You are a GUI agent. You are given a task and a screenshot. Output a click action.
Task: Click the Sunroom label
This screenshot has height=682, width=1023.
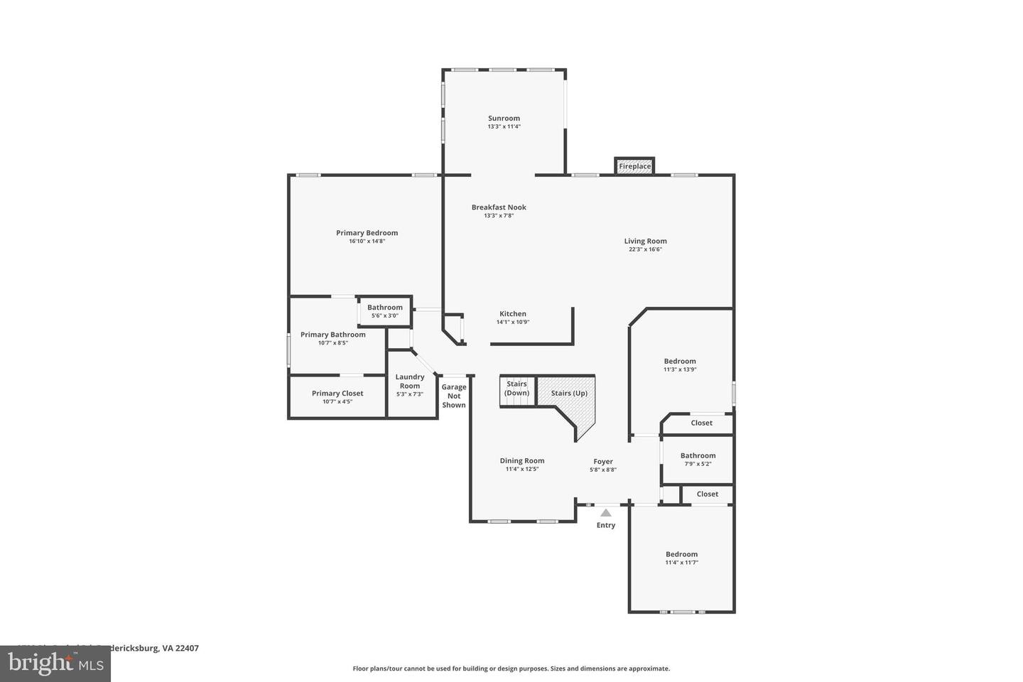[504, 119]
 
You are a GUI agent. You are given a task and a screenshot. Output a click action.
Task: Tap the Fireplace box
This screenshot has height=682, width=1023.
[634, 166]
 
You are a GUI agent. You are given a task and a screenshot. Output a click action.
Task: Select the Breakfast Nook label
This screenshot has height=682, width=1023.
[499, 207]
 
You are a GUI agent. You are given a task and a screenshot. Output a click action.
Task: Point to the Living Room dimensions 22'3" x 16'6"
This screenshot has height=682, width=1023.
[645, 249]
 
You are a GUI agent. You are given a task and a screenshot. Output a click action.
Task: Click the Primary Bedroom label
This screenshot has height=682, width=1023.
[367, 233]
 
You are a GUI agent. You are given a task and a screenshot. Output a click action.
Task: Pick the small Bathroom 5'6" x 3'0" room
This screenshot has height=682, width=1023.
[384, 311]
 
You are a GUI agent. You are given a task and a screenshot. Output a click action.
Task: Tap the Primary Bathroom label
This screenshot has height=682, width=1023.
[332, 335]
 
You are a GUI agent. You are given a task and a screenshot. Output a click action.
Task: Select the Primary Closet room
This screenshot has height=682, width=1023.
[337, 396]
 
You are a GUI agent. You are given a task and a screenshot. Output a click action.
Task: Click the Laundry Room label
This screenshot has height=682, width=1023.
[410, 381]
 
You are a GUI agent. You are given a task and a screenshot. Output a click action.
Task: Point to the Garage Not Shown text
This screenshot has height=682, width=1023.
[454, 396]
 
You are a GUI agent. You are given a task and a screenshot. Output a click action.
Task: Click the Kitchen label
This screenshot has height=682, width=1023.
[513, 314]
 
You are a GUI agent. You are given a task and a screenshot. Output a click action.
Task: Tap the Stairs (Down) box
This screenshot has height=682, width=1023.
[516, 389]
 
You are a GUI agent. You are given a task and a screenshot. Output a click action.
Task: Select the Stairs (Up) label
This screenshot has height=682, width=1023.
[569, 393]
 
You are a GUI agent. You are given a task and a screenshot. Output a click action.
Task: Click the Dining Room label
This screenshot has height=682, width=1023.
[522, 461]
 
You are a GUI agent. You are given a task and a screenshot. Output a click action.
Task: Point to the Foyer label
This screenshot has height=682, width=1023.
[603, 462]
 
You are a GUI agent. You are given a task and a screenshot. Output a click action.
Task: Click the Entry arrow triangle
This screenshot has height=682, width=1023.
[605, 512]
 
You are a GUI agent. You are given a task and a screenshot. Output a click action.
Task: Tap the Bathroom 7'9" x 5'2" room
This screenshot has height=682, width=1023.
[698, 459]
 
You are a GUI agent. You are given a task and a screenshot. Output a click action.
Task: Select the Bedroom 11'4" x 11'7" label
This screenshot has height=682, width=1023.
[681, 554]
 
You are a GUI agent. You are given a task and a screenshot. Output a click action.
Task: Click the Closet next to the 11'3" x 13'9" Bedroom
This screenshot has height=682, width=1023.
[701, 423]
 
